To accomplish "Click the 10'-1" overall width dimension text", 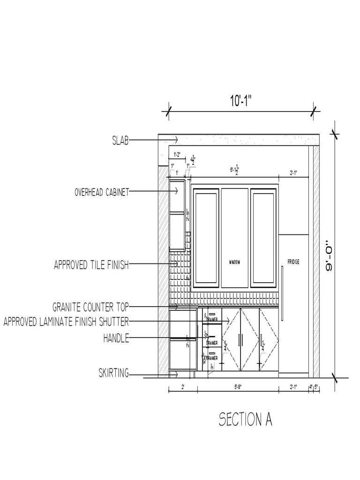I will point(241,101).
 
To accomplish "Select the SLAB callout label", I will point(120,140).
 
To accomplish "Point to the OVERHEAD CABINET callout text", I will point(102,192).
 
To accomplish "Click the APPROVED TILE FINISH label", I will point(91,265).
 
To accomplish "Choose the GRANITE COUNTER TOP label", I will point(90,307).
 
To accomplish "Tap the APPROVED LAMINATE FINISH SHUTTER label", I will point(66,322).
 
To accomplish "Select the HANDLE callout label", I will point(116,337).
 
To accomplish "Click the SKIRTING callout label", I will point(113,374).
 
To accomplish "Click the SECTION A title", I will point(245,419).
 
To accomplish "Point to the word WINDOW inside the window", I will point(234,262).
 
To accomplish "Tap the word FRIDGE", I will point(293,261).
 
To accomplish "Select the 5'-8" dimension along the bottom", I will point(238,387).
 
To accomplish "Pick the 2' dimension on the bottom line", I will point(182,387).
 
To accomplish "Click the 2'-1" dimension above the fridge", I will point(293,173).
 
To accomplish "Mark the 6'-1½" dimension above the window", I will point(234,170).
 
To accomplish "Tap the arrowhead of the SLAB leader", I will point(176,140).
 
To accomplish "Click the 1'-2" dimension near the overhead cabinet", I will point(178,154).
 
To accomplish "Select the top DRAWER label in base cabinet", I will point(212,320).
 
